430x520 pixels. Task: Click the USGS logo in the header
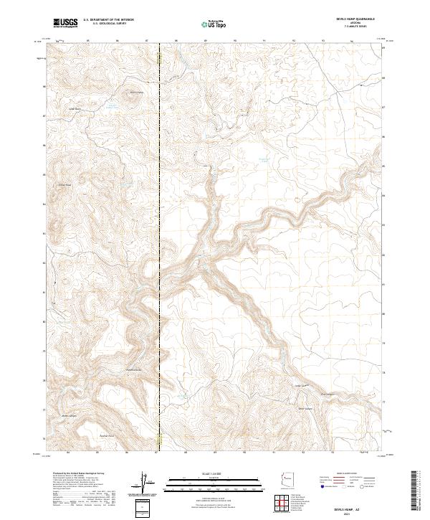pyautogui.click(x=66, y=24)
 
